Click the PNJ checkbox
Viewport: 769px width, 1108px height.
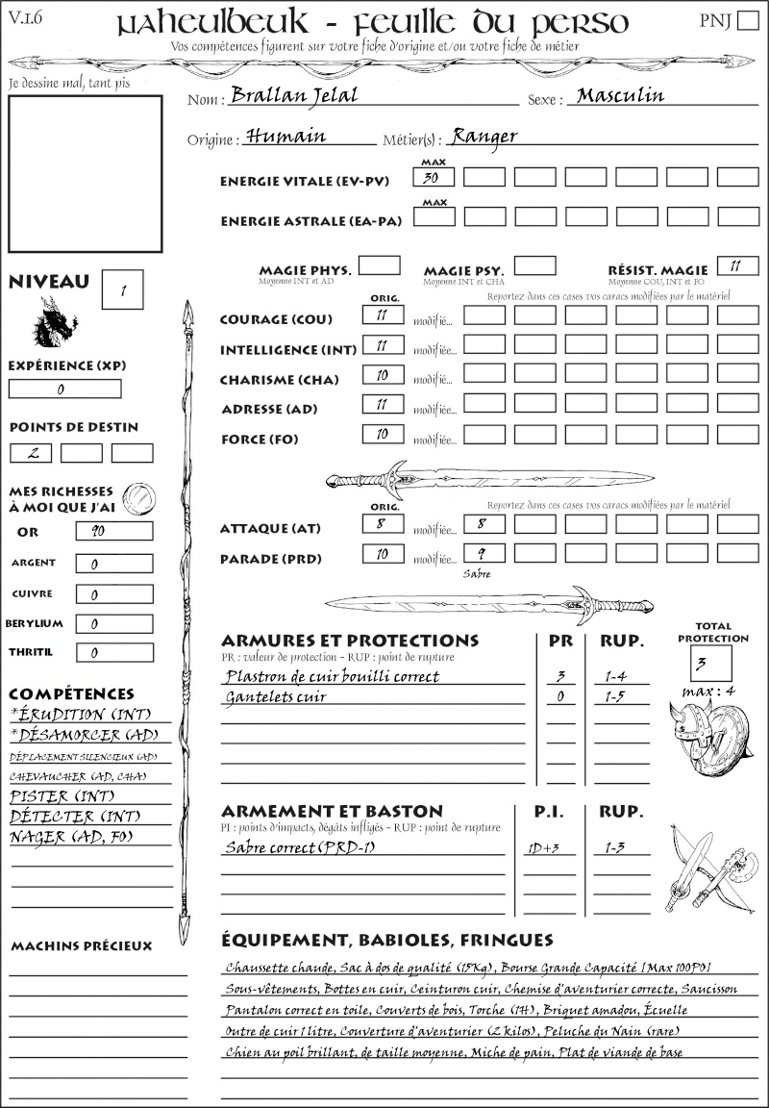coord(746,21)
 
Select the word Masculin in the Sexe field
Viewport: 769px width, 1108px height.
coord(620,95)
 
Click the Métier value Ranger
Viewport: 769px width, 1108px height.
coord(484,137)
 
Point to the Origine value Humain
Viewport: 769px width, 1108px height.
coord(286,137)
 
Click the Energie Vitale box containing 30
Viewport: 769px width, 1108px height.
coord(434,177)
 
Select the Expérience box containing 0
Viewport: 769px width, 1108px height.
coord(64,390)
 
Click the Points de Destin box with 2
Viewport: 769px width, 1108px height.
coord(31,453)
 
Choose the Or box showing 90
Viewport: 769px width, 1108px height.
coord(113,531)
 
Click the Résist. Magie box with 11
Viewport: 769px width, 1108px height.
coord(737,265)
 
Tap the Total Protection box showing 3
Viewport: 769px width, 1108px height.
coord(710,663)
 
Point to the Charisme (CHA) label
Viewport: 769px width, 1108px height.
coord(279,380)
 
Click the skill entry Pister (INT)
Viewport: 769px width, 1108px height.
coord(52,796)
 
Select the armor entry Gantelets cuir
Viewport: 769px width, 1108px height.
coord(276,696)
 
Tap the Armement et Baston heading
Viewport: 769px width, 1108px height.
coord(332,812)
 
